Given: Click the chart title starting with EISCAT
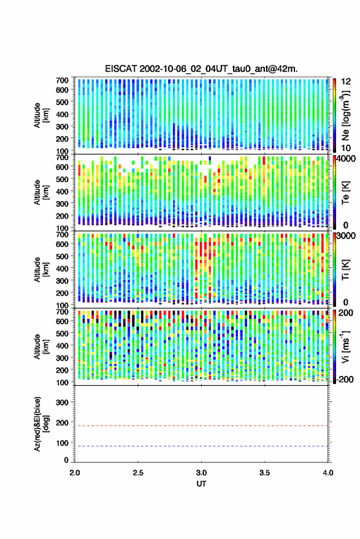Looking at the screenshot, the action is pos(201,69).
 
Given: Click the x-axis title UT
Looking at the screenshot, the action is pos(201,484).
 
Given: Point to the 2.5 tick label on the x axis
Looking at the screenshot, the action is pos(138,473).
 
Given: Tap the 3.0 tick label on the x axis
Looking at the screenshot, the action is pos(201,473).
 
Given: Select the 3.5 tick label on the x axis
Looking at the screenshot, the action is pos(264,473).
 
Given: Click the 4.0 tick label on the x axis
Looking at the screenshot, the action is pos(327,473).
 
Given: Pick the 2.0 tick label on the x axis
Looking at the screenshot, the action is pos(75,473).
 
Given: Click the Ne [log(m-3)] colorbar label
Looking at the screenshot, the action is pos(345,115).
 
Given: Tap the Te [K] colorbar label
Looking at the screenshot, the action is pos(345,193).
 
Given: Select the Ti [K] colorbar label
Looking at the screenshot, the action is pos(345,270).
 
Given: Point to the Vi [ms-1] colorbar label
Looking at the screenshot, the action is pos(345,346).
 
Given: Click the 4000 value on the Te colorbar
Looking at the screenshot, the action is pos(347,159).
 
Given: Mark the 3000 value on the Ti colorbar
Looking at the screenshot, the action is pos(347,236).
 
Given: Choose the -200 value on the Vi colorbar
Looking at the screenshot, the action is pos(345,379).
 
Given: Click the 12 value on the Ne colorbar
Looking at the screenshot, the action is pos(346,82).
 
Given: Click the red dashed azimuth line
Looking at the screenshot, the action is pos(201,426).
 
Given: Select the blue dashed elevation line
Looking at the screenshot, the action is pos(201,446).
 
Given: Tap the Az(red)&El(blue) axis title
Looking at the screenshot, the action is pos(40,424).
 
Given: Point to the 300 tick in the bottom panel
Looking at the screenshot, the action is pos(62,402).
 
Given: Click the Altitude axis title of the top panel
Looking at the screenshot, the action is pos(40,115).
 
